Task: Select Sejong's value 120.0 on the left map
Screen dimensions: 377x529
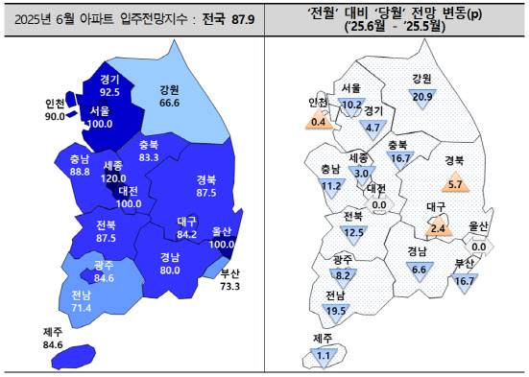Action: tap(117, 178)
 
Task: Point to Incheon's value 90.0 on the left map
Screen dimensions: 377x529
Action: tap(55, 116)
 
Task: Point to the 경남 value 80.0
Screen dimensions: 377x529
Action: tap(171, 270)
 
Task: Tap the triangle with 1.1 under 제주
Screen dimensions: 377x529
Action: tap(324, 355)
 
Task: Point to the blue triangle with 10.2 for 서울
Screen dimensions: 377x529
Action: tap(351, 105)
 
